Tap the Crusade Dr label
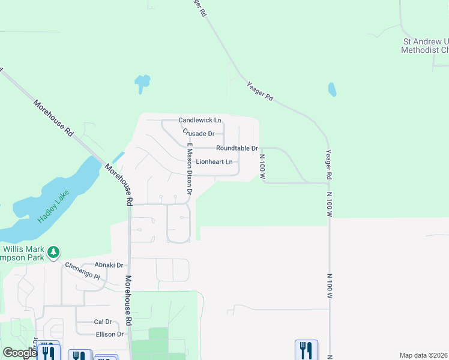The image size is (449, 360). pos(198,134)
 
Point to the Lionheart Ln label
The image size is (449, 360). pos(214,162)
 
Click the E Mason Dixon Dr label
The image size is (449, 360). pos(188,170)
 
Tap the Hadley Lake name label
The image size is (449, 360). pos(53,206)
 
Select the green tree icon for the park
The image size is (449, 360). pos(54,252)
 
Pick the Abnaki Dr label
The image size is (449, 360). pos(108,265)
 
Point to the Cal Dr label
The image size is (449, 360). pos(103,322)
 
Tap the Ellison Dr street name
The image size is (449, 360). pos(109,334)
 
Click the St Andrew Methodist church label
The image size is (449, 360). pos(425,46)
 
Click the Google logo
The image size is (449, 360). pos(20,353)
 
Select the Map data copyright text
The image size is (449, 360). pos(424,355)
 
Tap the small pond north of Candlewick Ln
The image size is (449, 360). pos(142,82)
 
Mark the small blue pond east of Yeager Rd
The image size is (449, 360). pos(332,89)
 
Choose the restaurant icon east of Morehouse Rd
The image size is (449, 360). pos(306,350)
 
